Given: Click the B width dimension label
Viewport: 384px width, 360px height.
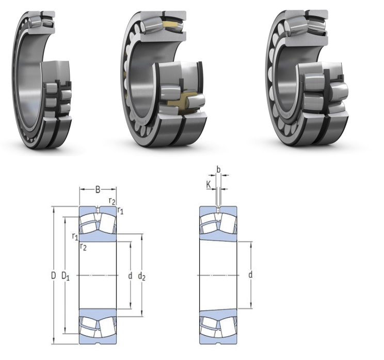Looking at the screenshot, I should coord(98,190).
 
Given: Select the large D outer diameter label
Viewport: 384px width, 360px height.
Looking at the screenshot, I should coord(53,276).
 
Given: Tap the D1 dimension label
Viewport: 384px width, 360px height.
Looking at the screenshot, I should coord(66,276).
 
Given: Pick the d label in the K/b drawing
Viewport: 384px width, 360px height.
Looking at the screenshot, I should coord(250,275).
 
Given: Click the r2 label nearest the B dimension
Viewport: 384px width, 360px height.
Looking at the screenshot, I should coord(112,200).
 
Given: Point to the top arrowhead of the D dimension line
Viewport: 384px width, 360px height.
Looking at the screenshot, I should coord(53,209).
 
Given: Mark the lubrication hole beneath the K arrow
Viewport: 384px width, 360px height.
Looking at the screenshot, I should coord(218,209).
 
